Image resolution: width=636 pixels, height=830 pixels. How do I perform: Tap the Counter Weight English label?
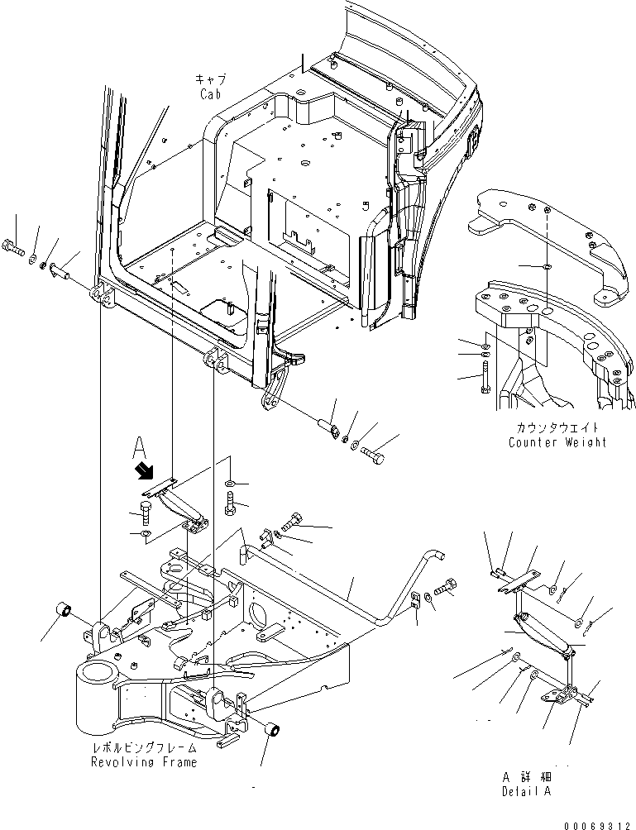pyautogui.click(x=557, y=442)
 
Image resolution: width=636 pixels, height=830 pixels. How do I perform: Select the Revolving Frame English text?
pyautogui.click(x=144, y=761)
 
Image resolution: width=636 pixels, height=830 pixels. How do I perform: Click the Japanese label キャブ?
pyautogui.click(x=210, y=79)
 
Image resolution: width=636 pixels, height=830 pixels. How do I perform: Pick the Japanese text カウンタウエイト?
pyautogui.click(x=557, y=428)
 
